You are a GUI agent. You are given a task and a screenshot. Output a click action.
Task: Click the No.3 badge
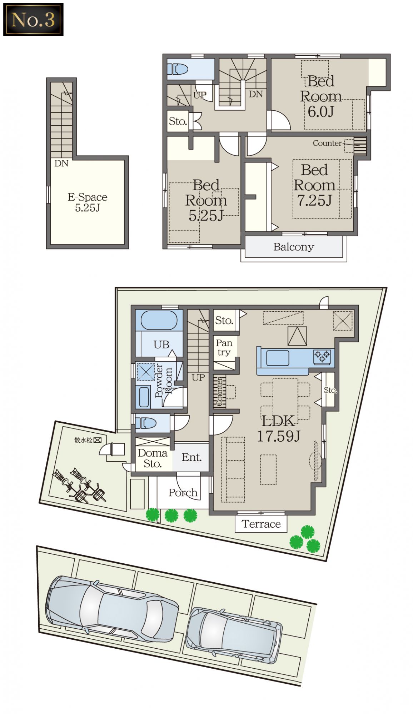pos(33,19)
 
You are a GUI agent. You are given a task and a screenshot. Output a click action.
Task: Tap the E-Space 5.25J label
pos(88,202)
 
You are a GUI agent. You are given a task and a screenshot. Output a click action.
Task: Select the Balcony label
pos(294,247)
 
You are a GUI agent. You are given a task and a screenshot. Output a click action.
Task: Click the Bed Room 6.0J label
pos(321,96)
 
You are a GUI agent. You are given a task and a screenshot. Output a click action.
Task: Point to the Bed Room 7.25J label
pos(314,185)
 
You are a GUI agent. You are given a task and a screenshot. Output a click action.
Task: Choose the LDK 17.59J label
pos(279,429)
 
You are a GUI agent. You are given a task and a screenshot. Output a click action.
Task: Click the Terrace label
pos(261,524)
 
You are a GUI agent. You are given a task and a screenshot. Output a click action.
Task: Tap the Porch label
pos(183,493)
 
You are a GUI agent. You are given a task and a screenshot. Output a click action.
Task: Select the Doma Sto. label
pos(153,458)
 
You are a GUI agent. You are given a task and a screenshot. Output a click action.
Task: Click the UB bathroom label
pos(161,345)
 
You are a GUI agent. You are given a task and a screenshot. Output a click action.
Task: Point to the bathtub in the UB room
pos(159,320)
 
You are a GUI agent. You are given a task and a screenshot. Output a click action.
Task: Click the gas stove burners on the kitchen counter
pos(322,356)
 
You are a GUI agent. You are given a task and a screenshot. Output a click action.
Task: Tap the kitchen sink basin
pos(278,358)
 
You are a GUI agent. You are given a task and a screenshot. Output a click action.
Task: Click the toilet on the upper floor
pos(178,69)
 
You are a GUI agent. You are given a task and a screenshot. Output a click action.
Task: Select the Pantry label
pos(224,347)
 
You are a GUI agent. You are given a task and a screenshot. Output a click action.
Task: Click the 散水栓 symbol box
pos(98,440)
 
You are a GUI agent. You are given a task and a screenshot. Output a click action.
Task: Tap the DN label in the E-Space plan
pos(61,164)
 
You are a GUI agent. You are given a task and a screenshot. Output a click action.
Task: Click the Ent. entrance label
pos(191,457)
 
